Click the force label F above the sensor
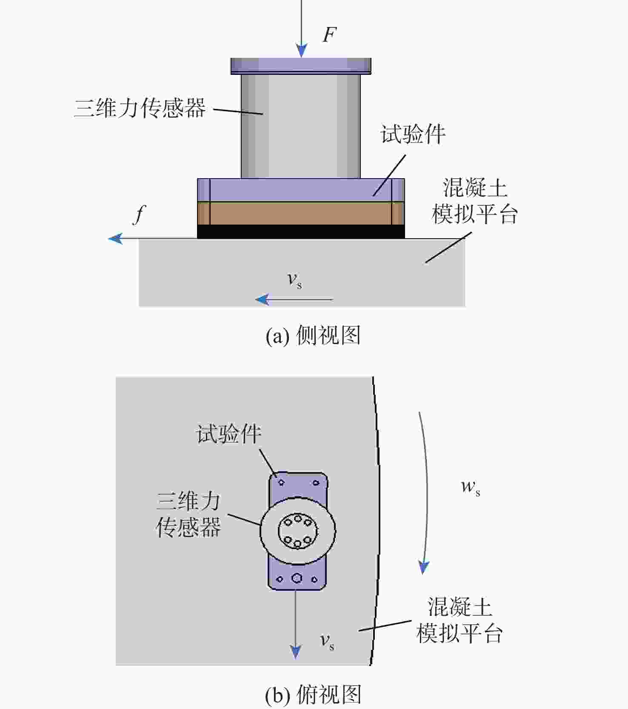[330, 35]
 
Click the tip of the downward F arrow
[302, 57]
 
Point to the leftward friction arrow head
[115, 238]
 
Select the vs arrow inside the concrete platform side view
[294, 299]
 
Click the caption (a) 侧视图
[313, 336]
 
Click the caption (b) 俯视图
[313, 695]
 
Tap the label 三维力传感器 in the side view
[140, 108]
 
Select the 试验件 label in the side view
[413, 134]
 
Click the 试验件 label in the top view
[228, 434]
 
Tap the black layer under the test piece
[301, 231]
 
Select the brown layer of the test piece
[301, 213]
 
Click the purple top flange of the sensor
[301, 66]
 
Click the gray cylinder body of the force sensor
[301, 126]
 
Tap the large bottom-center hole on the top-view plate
[297, 578]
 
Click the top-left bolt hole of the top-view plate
[281, 482]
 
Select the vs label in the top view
[327, 641]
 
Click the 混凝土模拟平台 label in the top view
[460, 620]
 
